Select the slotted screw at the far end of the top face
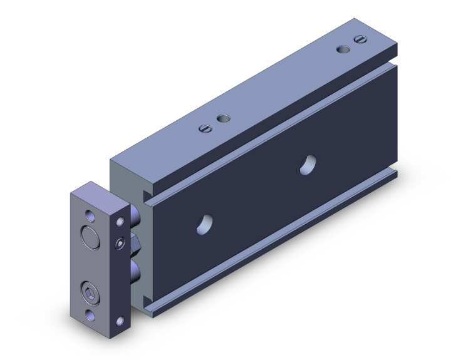tap(359, 39)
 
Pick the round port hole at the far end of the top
tap(343, 49)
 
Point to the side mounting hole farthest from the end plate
tap(307, 165)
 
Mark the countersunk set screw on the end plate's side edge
tap(119, 242)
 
